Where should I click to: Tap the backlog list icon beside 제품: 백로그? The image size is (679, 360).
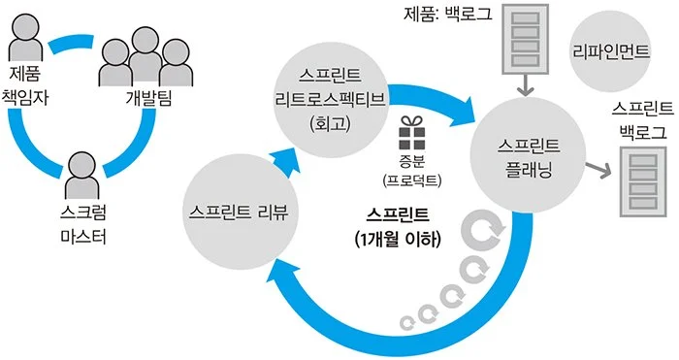point(525,42)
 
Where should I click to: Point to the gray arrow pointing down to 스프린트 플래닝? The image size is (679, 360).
point(525,88)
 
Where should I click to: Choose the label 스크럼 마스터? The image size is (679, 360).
point(81,222)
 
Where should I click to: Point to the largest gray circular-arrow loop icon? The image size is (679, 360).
point(479,232)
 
